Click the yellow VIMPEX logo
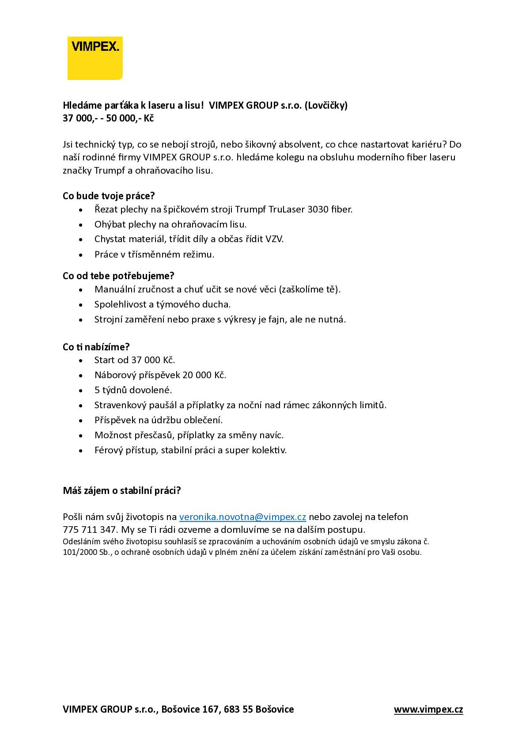95,58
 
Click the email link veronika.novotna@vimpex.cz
242,517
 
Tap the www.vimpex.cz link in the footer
428,710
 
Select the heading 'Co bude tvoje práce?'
109,196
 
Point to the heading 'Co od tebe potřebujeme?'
118,276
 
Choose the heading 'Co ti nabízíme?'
96,347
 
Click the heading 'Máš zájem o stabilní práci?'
122,490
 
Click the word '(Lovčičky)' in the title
326,106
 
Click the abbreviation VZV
274,239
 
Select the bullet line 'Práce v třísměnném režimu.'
154,254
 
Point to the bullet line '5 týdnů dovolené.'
133,390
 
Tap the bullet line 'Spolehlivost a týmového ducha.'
163,304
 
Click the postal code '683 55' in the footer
238,710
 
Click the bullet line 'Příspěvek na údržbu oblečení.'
159,420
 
